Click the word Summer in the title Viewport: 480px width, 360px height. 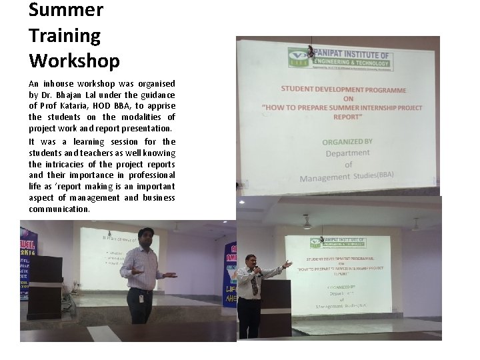66,10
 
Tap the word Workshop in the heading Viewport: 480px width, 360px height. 74,61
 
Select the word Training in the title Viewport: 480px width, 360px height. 65,35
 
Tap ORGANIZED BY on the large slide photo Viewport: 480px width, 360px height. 347,141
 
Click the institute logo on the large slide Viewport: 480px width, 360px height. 297,57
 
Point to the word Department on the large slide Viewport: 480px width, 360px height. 347,153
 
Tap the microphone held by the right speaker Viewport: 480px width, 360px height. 257,271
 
